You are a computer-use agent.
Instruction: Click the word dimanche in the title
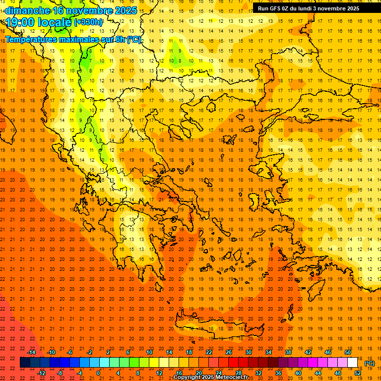28,10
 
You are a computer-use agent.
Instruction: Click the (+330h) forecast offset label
88,22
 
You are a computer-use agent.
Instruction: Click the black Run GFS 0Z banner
312,8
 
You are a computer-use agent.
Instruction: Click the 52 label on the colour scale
358,373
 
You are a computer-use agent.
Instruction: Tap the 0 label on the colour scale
98,373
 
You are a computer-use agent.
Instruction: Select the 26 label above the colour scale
229,352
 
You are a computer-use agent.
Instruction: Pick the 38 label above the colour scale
288,352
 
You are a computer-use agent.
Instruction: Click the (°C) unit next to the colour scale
369,363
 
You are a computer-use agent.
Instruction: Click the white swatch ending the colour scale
352,363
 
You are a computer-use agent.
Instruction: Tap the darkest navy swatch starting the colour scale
25,363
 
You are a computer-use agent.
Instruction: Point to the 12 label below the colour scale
159,373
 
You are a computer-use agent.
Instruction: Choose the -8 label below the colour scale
60,373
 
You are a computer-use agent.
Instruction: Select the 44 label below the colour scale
318,373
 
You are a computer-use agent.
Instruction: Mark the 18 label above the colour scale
189,352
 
